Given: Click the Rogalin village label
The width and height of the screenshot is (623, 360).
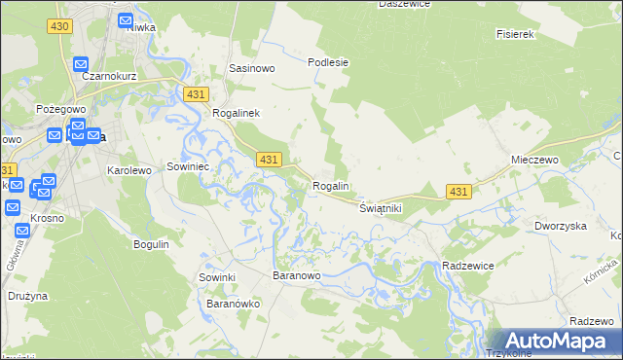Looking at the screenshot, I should click(x=330, y=186).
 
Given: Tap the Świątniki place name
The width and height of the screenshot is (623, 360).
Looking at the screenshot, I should click(x=380, y=209).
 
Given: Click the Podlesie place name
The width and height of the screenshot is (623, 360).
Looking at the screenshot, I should click(x=328, y=62).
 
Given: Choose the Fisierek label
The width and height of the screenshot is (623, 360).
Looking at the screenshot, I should click(x=516, y=34).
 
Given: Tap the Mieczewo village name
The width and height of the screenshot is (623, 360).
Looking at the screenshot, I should click(x=532, y=159).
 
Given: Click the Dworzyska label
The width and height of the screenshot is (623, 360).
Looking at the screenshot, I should click(x=560, y=226).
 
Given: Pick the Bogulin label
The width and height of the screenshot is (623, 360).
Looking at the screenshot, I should click(x=152, y=244).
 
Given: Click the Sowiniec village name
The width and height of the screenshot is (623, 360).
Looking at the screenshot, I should click(x=190, y=165).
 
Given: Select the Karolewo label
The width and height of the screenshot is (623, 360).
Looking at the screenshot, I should click(x=129, y=170).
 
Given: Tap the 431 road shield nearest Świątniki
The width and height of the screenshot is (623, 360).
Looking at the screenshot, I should click(x=459, y=192).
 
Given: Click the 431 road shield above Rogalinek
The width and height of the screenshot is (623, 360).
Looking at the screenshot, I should click(x=196, y=93).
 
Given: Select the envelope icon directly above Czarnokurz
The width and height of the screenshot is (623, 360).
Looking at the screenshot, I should click(x=81, y=64).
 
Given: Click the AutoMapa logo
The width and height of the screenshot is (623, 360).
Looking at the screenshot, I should click(x=554, y=341).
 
